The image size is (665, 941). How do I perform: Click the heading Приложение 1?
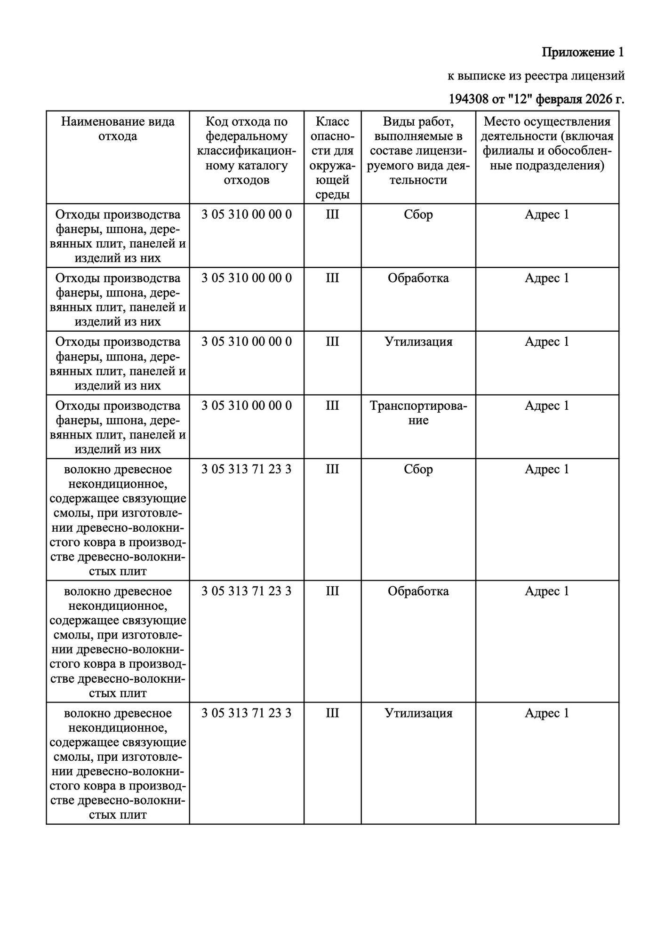click(582, 52)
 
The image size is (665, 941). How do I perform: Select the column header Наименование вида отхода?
click(118, 129)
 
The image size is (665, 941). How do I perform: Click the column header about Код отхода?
click(246, 151)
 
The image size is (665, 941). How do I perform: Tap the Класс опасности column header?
click(332, 158)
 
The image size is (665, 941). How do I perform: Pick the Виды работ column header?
click(418, 151)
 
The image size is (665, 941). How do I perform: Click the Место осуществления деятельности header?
click(547, 144)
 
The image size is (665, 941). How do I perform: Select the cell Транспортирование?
click(418, 413)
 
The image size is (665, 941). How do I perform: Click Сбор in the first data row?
click(418, 215)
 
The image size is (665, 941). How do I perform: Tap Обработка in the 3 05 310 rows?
click(418, 278)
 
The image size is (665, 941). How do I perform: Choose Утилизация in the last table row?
click(418, 713)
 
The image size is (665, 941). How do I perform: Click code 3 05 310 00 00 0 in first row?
click(246, 215)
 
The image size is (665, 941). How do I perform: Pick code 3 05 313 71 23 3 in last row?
click(246, 713)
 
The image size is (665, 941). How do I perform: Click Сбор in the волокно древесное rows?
click(418, 470)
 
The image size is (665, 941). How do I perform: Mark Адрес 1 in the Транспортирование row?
click(547, 406)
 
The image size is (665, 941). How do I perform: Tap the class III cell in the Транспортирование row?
click(332, 406)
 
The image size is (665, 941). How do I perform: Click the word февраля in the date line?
click(559, 99)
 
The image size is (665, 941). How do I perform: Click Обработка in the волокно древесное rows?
click(418, 591)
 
